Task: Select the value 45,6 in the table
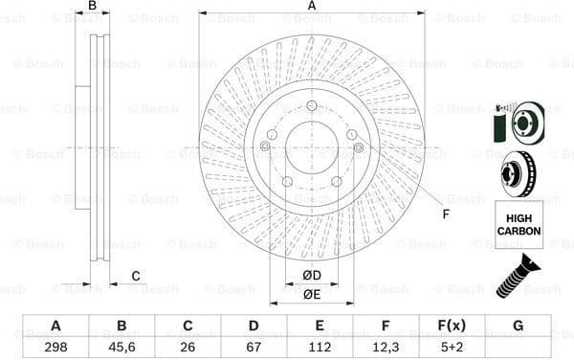click(121, 348)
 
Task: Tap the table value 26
click(188, 348)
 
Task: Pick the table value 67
click(254, 348)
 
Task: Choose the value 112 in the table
click(320, 348)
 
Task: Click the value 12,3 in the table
click(386, 348)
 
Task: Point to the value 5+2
click(452, 348)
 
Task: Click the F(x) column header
click(452, 326)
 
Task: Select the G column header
click(518, 326)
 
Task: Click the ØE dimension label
click(312, 294)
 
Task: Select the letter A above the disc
click(312, 7)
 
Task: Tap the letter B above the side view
click(93, 7)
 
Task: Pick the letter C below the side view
click(136, 277)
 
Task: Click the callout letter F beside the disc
click(445, 213)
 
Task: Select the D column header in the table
click(254, 326)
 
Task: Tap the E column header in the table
click(320, 326)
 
